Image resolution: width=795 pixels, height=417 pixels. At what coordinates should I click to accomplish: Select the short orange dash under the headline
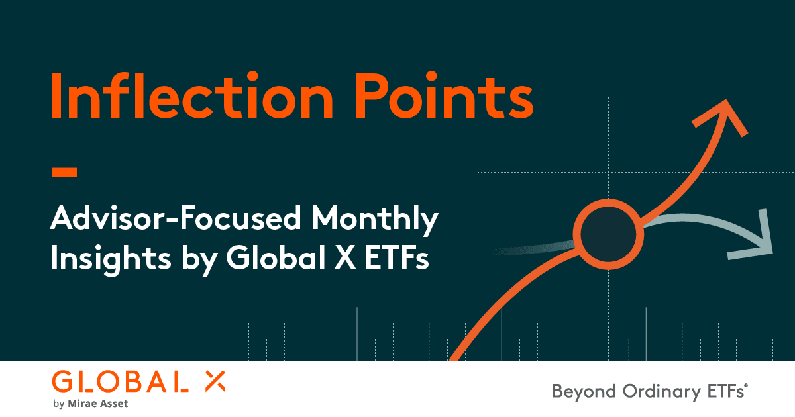click(64, 173)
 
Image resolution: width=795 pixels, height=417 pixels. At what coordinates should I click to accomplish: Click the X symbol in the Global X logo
click(213, 381)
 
